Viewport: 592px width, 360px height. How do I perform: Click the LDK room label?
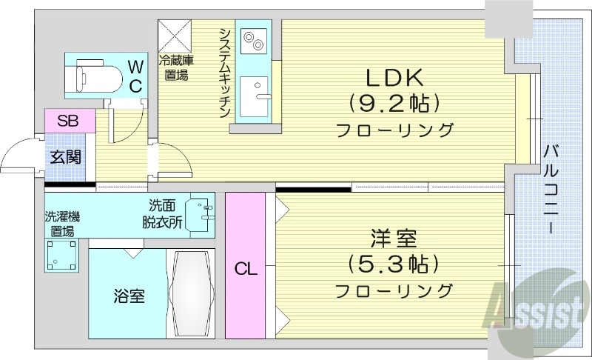click(393, 76)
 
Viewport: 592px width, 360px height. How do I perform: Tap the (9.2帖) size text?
click(394, 101)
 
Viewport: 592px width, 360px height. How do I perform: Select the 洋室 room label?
click(394, 239)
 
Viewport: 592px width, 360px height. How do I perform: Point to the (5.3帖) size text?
click(394, 263)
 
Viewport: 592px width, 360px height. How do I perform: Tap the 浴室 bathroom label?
click(129, 296)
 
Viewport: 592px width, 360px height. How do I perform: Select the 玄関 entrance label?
click(67, 157)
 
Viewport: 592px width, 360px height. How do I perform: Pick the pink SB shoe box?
click(69, 121)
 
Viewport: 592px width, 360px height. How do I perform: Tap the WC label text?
click(135, 77)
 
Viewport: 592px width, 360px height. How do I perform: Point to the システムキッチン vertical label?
click(223, 71)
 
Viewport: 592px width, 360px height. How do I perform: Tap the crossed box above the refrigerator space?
click(175, 33)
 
